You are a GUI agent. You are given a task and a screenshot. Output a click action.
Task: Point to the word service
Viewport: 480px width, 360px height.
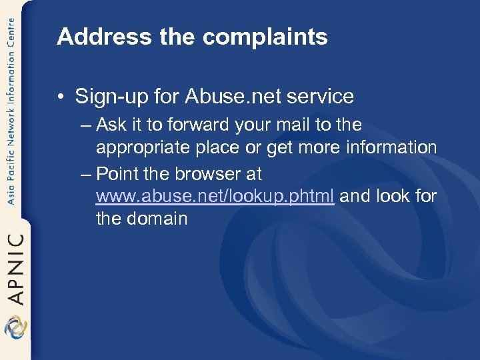pos(322,97)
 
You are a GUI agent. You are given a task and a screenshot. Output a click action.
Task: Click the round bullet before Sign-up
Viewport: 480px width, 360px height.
pos(61,97)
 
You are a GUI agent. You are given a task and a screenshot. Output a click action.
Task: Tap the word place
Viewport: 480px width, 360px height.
pos(226,148)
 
